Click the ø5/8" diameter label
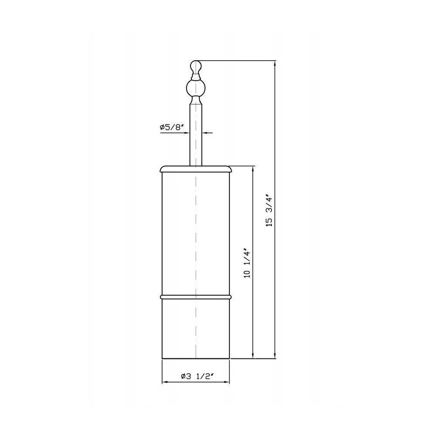coord(172,127)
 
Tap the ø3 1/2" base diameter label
coord(197,377)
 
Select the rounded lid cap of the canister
coord(196,169)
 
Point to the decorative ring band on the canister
coord(196,297)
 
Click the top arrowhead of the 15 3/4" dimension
coord(275,63)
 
